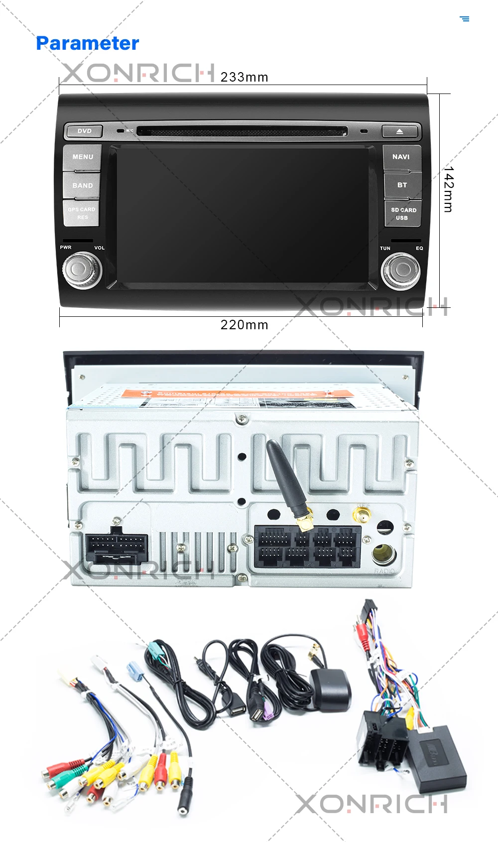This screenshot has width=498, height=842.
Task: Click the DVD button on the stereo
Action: [x=84, y=131]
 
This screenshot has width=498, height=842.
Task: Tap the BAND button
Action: [x=82, y=186]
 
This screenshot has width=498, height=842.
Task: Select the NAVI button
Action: [x=401, y=157]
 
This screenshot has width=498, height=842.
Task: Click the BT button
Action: [x=402, y=185]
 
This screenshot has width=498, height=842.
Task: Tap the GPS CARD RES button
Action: [x=82, y=213]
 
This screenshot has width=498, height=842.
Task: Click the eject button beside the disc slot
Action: [x=399, y=131]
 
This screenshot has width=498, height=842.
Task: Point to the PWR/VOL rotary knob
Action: [x=82, y=270]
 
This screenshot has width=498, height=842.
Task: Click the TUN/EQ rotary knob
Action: [x=401, y=270]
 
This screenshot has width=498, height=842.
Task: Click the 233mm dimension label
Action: [x=244, y=78]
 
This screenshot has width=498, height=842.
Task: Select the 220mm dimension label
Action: [x=244, y=325]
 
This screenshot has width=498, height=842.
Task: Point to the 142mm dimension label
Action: [x=448, y=189]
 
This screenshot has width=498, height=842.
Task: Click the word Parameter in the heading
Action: [x=88, y=43]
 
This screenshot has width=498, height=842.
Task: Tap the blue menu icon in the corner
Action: [x=465, y=19]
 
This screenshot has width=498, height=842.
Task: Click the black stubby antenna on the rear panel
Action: [x=285, y=477]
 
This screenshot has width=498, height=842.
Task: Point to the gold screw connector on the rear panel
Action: [x=362, y=514]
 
